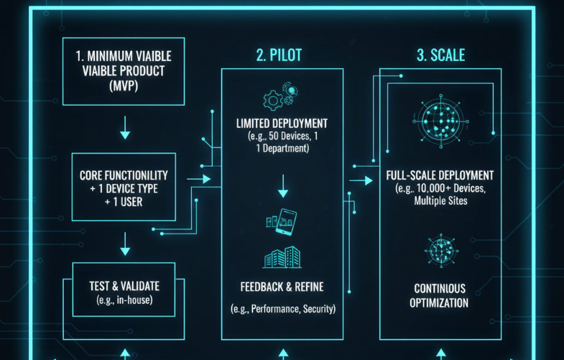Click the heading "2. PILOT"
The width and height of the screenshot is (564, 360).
[x=282, y=55]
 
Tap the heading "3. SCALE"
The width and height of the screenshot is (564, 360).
[x=440, y=55]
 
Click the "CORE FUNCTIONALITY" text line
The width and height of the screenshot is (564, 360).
[x=124, y=175]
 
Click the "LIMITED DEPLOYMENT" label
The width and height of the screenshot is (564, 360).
[x=282, y=123]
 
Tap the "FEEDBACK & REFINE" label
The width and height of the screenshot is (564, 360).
[x=282, y=287]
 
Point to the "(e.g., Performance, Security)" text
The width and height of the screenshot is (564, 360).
[x=282, y=309]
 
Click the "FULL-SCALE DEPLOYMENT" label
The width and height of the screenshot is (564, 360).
[x=440, y=175]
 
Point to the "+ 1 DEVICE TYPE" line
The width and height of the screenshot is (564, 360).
[x=124, y=188]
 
